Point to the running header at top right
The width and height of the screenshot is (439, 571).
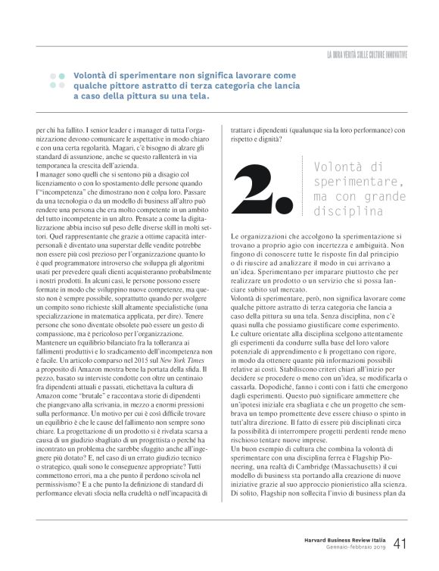[x=367, y=55]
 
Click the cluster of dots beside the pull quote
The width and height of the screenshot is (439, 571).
[x=57, y=81]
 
